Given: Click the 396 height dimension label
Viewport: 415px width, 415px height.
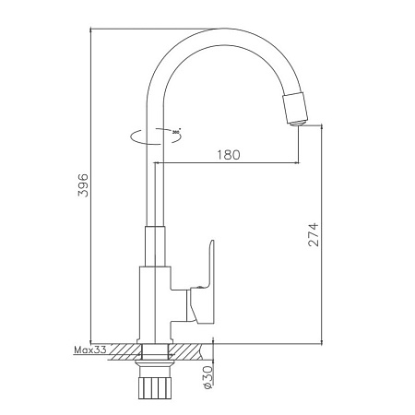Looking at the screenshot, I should click(x=82, y=184).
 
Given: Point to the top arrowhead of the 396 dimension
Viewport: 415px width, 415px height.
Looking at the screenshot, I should click(x=92, y=30).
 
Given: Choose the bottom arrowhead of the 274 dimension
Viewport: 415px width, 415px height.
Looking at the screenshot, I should click(x=322, y=338).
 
